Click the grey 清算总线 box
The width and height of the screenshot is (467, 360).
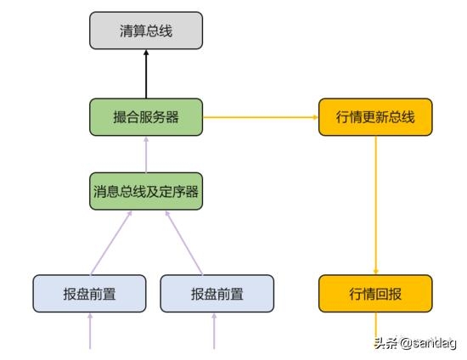coord(146,31)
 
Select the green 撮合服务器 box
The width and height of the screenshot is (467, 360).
coord(146,117)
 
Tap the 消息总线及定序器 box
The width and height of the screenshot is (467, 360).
coord(146,191)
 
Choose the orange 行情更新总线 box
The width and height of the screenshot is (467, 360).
coord(375,117)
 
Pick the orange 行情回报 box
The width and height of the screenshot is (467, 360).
coord(375,294)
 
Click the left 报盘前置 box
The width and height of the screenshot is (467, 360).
coord(89,294)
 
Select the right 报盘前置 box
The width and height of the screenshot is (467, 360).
coord(217,294)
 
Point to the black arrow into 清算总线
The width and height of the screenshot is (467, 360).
coord(146,74)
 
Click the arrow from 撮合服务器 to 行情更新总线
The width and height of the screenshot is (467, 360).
coord(261,117)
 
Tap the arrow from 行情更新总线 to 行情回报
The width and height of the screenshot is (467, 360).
coord(375,205)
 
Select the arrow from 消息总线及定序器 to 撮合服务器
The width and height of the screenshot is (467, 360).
coord(146,155)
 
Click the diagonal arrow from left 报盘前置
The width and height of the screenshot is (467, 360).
coord(110,243)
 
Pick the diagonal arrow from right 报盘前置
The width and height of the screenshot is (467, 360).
coord(184,243)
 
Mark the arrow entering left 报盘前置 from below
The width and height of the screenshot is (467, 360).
coord(90,330)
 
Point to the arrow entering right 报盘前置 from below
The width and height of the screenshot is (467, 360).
coord(214,330)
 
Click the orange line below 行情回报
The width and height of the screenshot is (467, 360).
coord(375,325)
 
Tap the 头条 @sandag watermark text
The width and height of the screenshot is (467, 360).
coord(415,343)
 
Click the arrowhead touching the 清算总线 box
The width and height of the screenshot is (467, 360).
coord(146,53)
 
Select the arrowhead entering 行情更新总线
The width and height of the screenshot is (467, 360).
coord(316,117)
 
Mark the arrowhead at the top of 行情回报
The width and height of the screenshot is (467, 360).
coord(375,272)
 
